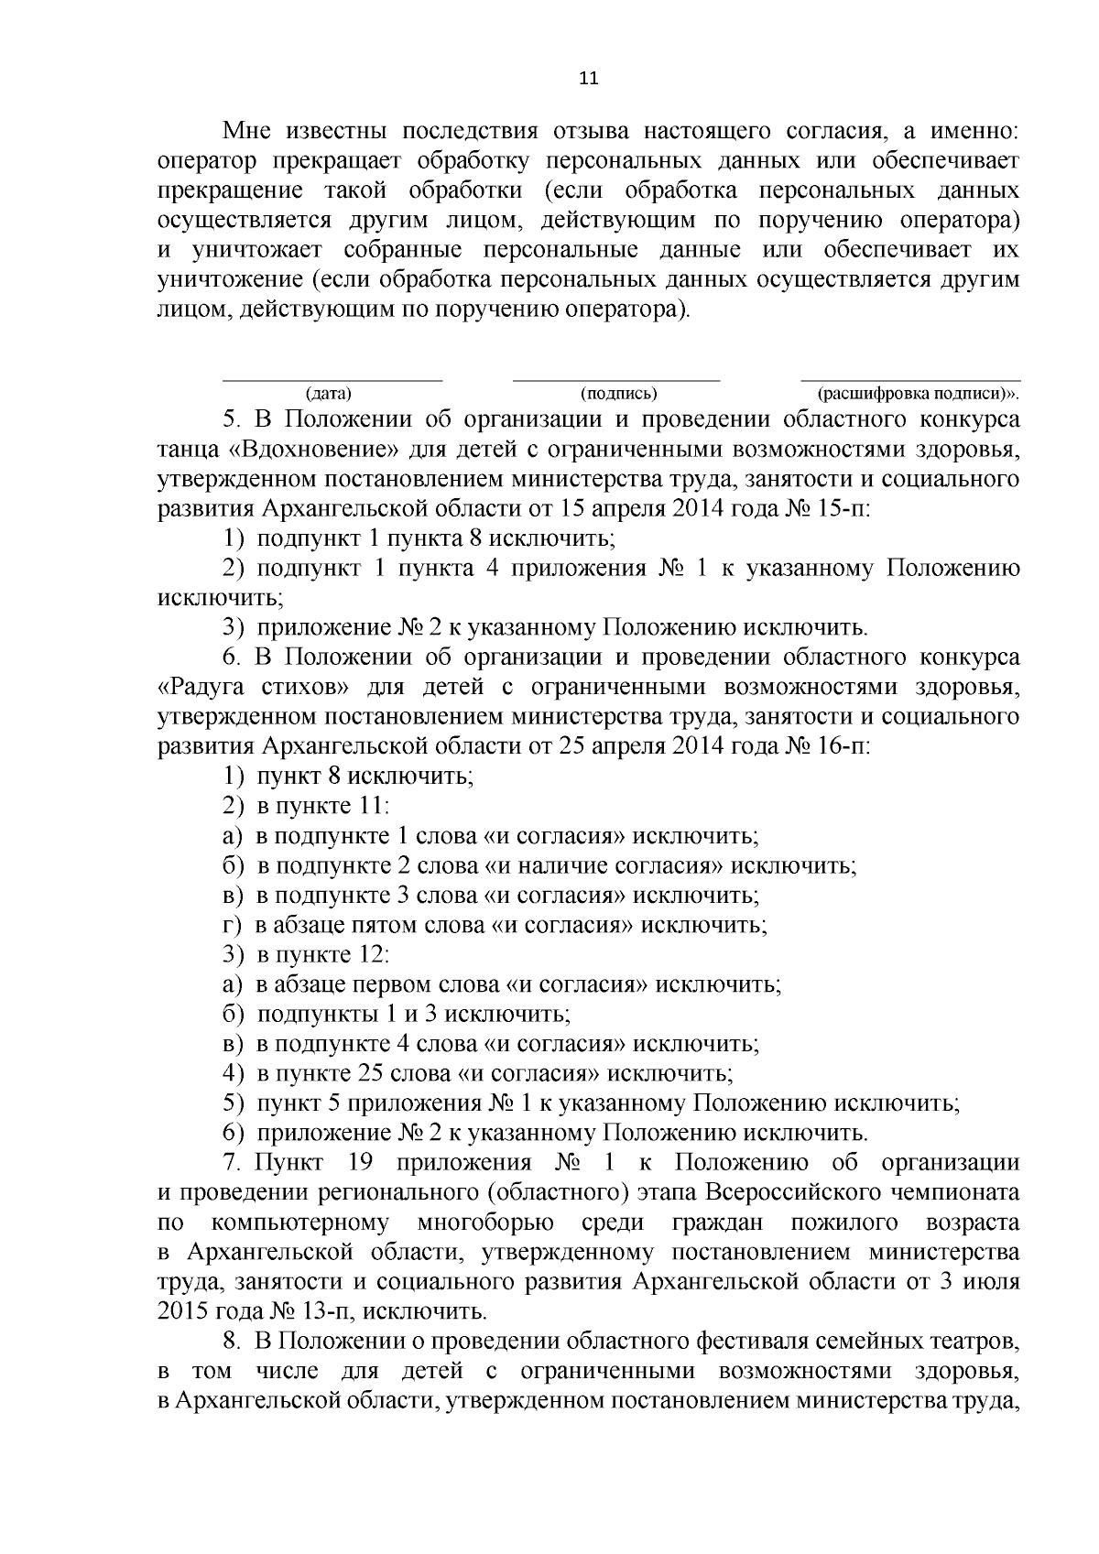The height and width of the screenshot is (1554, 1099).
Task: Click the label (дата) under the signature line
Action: [329, 395]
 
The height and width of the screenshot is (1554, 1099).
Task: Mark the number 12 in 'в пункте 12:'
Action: [371, 954]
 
